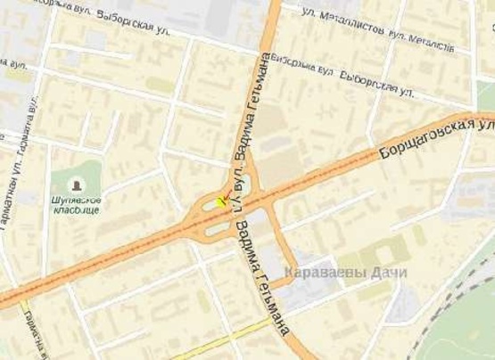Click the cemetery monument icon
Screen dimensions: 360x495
(76, 184)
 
